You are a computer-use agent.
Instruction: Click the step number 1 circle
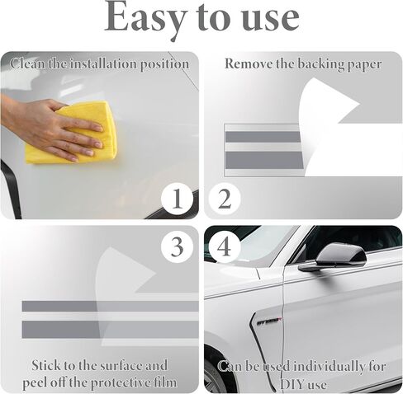coord(177,199)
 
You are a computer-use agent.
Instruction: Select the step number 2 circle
coord(225,199)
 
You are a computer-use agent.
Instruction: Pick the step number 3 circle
coord(177,246)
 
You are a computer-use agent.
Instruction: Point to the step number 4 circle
coord(225,246)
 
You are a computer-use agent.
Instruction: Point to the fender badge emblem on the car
coord(269,321)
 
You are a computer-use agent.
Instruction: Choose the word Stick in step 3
coord(45,365)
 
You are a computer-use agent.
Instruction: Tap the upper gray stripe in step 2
coord(263,137)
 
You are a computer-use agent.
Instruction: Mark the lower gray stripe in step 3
coord(110,330)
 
